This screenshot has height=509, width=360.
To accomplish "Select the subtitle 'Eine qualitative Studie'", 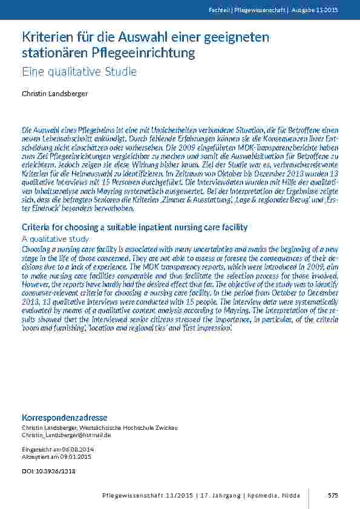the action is (79, 72).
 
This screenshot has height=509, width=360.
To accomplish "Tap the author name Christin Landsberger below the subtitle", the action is (54, 94).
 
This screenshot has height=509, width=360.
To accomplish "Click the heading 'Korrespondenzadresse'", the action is (65, 418).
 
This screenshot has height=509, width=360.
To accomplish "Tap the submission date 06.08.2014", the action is (77, 449).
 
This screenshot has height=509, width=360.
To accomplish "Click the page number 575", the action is (333, 496).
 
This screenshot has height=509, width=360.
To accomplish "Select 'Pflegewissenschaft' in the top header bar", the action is (258, 10).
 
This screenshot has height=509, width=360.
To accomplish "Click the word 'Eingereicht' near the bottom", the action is (38, 449).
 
